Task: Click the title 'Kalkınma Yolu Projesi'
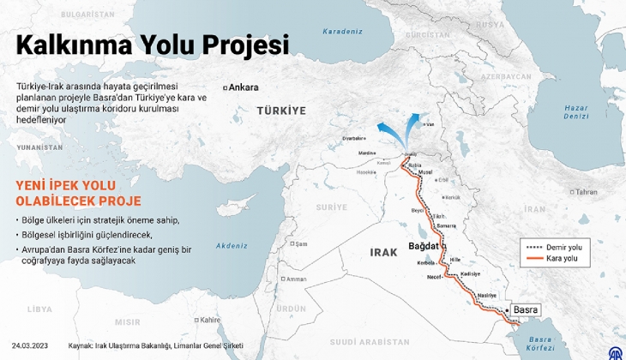pos(153,45)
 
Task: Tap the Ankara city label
pos(244,87)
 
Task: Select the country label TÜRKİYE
pos(281,111)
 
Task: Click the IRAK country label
pos(383,252)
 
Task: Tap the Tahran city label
pos(586,192)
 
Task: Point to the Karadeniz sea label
pos(342,32)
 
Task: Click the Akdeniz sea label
pos(232,245)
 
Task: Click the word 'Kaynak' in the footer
pos(80,346)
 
